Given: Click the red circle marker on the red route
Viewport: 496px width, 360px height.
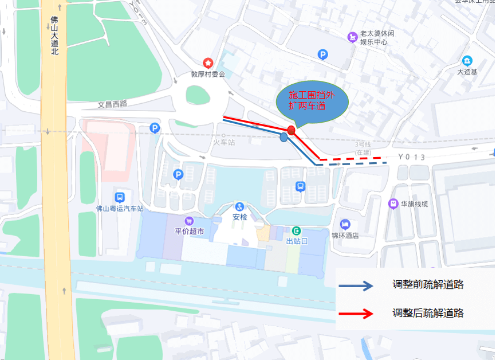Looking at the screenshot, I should click(292, 130).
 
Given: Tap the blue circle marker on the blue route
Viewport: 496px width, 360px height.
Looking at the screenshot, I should click(284, 137).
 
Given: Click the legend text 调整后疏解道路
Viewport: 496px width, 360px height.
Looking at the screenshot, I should click(428, 313).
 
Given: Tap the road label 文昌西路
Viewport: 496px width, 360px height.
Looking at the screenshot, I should click(112, 105).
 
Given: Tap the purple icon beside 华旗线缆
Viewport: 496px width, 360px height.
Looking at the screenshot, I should click(393, 204).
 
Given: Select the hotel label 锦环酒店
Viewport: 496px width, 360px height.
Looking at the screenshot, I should click(360, 235).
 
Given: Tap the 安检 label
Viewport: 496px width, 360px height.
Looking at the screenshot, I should click(239, 218).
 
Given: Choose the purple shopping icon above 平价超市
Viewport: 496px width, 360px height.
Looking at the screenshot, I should click(189, 221).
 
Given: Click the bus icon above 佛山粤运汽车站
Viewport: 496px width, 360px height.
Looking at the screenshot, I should click(119, 197).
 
